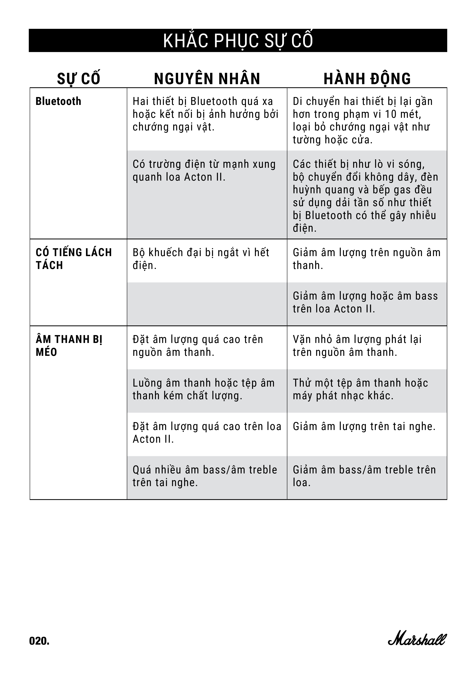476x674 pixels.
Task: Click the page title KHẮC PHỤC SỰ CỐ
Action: click(x=238, y=41)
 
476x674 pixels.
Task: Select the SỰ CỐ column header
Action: click(x=78, y=79)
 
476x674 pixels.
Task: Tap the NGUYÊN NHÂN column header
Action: click(x=207, y=79)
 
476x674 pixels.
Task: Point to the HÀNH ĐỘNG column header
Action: click(x=367, y=79)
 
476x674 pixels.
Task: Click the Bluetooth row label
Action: click(x=58, y=101)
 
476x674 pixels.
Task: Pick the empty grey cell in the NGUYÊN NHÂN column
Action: click(x=207, y=304)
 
